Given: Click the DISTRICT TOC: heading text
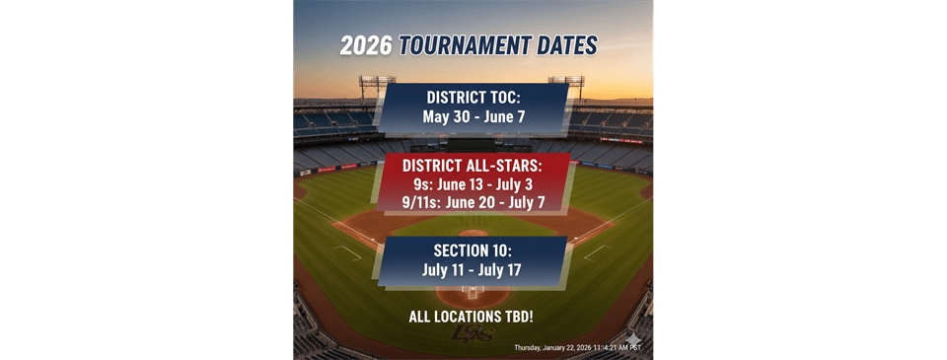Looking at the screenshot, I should (473, 99).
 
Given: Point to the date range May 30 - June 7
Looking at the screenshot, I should (473, 117).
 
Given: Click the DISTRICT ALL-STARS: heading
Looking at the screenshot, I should (473, 166).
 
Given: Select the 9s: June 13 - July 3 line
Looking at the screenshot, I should (473, 183).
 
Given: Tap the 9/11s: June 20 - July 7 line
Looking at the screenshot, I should (473, 202).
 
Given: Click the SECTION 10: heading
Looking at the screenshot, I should (473, 250).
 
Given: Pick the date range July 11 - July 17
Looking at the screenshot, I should (473, 268).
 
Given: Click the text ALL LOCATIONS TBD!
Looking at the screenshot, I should (471, 317).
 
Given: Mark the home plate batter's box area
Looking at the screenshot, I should (473, 293).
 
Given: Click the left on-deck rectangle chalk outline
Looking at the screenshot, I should (348, 253).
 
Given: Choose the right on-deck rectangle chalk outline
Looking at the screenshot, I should (599, 253).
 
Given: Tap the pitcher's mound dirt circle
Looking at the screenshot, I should (473, 234).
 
